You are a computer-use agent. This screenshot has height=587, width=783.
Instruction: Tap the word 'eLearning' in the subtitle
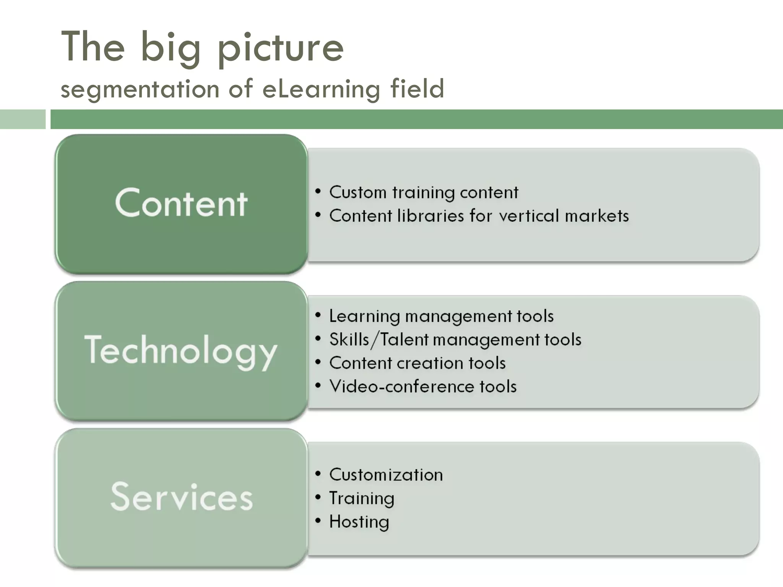pos(321,89)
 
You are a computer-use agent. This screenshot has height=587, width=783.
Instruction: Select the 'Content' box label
pos(181,203)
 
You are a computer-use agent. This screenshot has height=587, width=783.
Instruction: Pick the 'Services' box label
pos(182,496)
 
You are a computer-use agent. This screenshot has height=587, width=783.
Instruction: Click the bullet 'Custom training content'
pos(424,192)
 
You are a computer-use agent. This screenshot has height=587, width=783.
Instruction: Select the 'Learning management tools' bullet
pos(441,316)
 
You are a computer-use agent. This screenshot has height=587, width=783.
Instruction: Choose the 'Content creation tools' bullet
pos(417,363)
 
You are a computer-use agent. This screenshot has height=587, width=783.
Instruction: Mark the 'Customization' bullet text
pos(386,475)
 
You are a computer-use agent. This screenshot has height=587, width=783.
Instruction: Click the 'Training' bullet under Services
pos(362,498)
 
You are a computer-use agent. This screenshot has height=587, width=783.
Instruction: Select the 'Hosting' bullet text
pos(359,522)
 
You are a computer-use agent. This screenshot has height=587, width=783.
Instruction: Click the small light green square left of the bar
pos(22,119)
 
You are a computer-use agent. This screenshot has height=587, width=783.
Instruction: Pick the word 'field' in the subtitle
pos(417,88)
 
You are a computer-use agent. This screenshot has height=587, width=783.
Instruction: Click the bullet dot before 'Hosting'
pos(318,521)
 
